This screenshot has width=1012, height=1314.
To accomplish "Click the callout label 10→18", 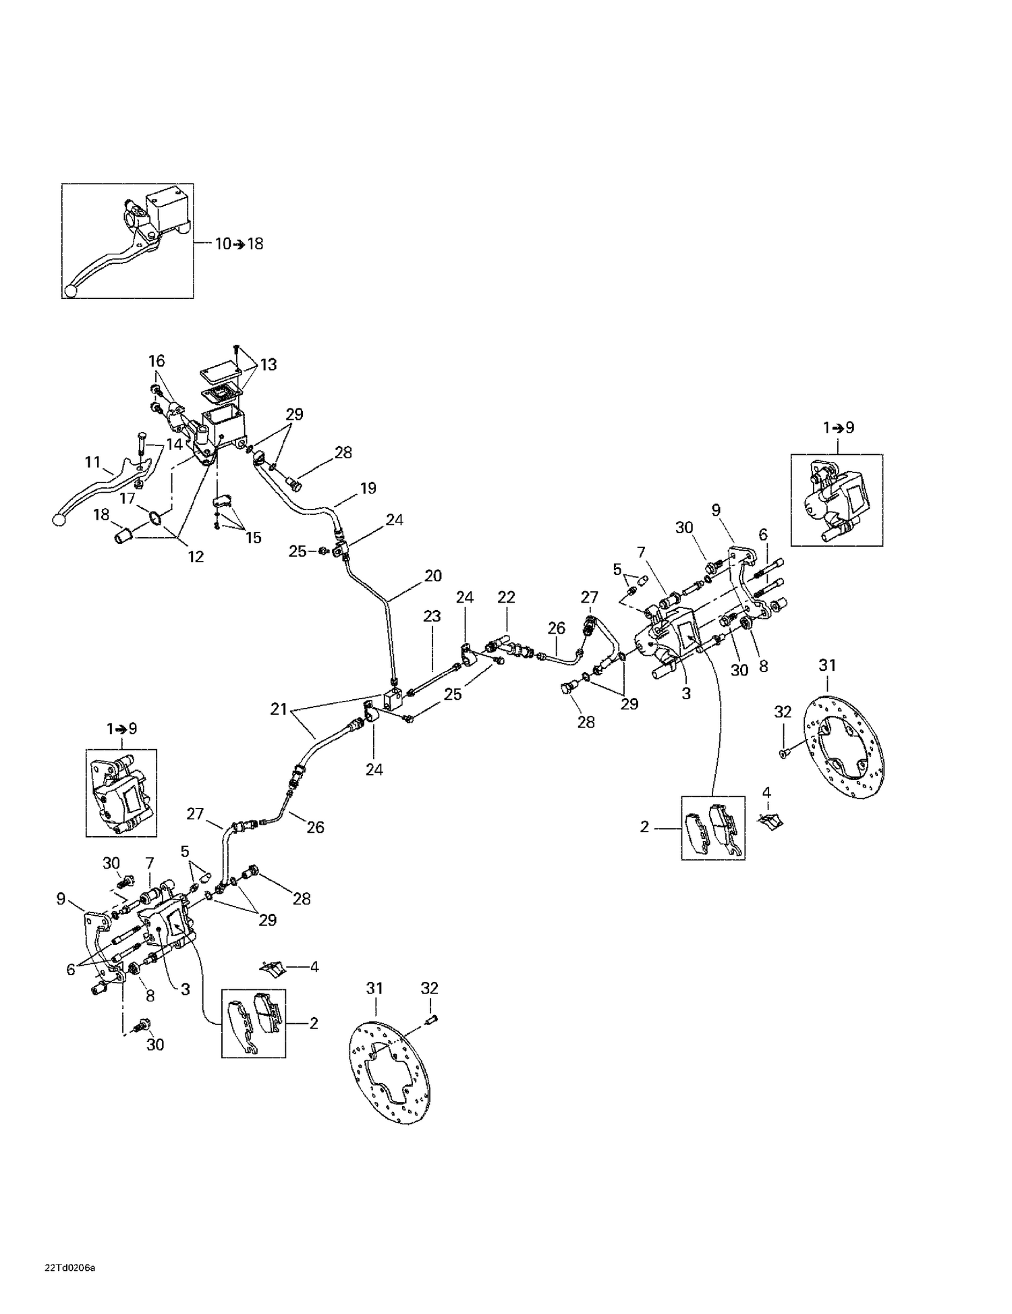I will point(239,244).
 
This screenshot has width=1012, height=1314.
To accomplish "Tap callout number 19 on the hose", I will point(368,488).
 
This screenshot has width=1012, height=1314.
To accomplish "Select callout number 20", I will point(432,576).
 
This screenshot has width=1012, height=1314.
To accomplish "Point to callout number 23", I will point(432,616).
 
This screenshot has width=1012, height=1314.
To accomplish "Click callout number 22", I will point(506,597).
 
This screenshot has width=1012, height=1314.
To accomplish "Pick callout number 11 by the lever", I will point(92,462).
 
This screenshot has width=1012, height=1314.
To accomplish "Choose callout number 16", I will point(157,361).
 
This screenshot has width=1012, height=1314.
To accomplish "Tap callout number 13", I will point(269,364).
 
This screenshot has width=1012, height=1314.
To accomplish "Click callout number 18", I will point(101,515).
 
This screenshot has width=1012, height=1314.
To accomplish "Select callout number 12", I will point(195,557).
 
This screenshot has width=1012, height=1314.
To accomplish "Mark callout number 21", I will point(279,709).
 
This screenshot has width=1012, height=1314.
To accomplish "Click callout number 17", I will point(128,499).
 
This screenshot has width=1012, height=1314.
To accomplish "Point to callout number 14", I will point(175,444).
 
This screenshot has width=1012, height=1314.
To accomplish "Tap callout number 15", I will point(253,538).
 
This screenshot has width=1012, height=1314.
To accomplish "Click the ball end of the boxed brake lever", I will point(69,291).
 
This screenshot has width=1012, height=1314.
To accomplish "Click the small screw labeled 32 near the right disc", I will point(783,753).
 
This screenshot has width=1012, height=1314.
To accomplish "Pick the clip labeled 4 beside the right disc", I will point(770,819).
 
